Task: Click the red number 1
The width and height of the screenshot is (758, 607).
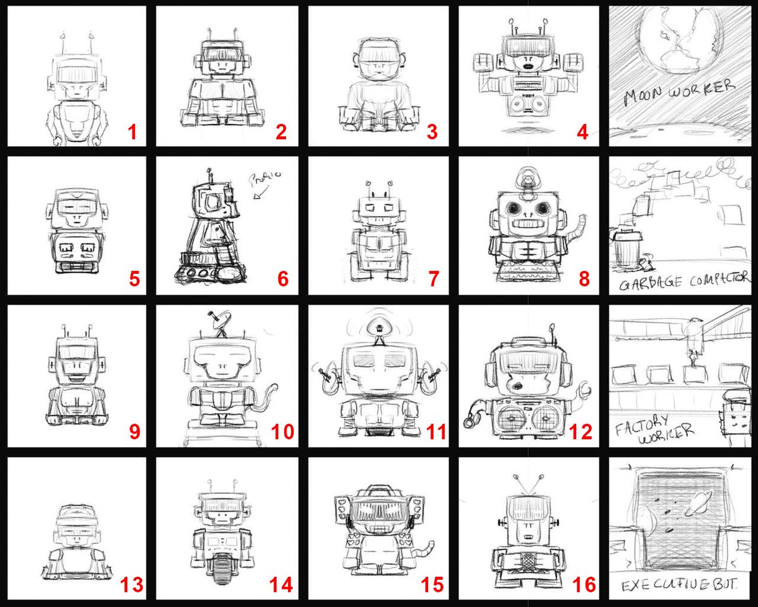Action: pos(132,132)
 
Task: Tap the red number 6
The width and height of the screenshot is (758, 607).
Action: pos(282,279)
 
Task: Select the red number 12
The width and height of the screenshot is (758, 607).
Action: pos(581,432)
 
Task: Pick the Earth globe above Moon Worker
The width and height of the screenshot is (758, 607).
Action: pos(680,38)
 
